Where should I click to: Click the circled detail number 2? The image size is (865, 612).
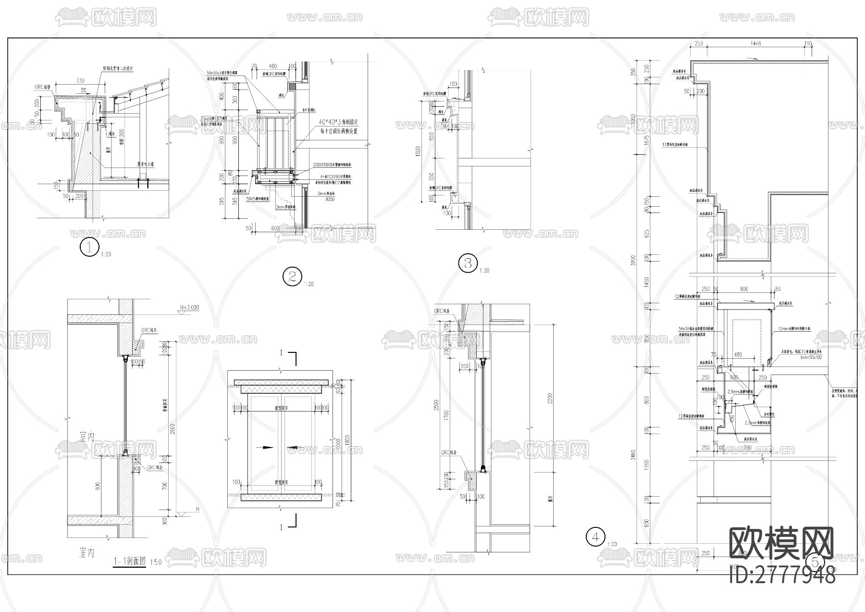(292, 276)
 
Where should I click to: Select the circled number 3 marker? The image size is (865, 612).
(468, 263)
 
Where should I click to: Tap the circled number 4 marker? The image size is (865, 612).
(596, 537)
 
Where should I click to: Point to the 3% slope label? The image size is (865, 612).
(84, 90)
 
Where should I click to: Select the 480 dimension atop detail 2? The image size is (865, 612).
(272, 66)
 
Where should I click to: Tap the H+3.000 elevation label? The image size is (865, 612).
(189, 308)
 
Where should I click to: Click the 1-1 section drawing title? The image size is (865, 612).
(130, 561)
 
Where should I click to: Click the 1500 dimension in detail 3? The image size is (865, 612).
(418, 151)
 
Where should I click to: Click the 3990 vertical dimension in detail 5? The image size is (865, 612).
(633, 260)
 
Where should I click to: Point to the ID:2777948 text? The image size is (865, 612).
(782, 575)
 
